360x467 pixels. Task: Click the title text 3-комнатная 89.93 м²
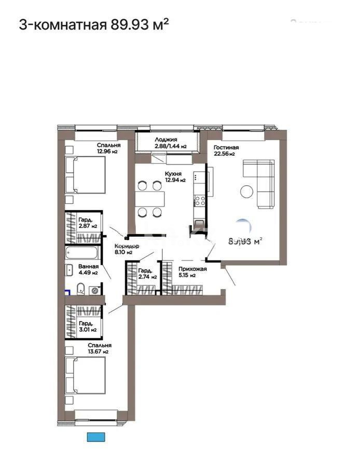pyautogui.click(x=94, y=24)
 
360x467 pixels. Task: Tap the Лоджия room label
pyautogui.click(x=166, y=140)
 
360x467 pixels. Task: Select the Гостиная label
pyautogui.click(x=226, y=147)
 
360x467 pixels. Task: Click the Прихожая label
pyautogui.click(x=192, y=269)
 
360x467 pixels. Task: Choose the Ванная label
pyautogui.click(x=89, y=266)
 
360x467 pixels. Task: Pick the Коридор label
pyautogui.click(x=126, y=246)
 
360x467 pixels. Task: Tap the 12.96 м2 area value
pyautogui.click(x=108, y=152)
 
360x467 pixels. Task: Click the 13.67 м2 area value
pyautogui.click(x=98, y=352)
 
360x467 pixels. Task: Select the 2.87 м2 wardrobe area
pyautogui.click(x=89, y=226)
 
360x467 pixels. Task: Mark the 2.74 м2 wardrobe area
pyautogui.click(x=148, y=277)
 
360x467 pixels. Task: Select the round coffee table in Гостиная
pyautogui.click(x=247, y=192)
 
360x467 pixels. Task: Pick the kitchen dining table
pyautogui.click(x=150, y=199)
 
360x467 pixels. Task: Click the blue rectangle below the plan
pyautogui.click(x=96, y=437)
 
